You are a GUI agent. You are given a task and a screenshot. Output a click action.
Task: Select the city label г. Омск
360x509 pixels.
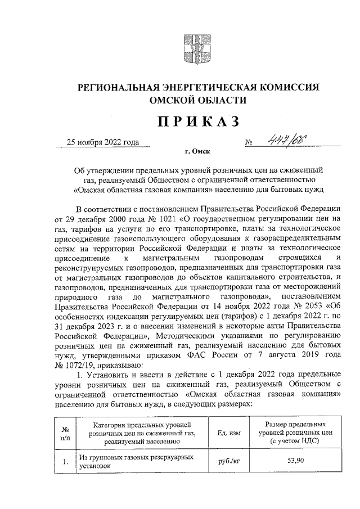point(193,152)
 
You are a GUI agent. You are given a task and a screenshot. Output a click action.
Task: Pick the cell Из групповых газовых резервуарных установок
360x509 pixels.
point(139,462)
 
